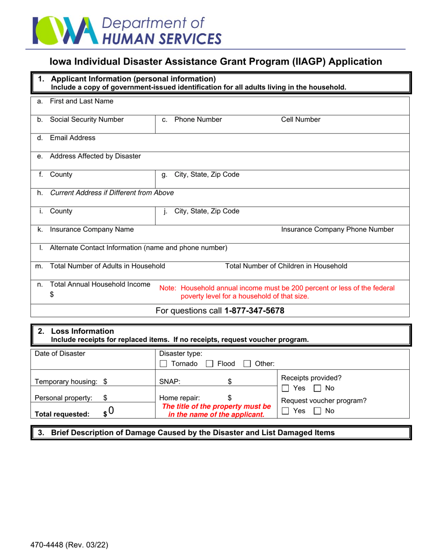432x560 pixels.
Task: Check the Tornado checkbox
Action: click(164, 364)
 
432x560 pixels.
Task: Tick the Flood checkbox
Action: click(210, 364)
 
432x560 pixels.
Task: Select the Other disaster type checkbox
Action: click(248, 364)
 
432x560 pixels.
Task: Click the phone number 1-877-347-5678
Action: click(255, 311)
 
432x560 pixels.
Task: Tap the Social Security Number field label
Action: click(86, 120)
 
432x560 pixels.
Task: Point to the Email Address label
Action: click(72, 137)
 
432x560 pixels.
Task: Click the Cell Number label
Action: click(301, 120)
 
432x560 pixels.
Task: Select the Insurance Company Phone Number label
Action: click(337, 229)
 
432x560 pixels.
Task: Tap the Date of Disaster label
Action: click(60, 353)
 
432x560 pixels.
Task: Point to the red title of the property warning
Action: click(216, 411)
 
